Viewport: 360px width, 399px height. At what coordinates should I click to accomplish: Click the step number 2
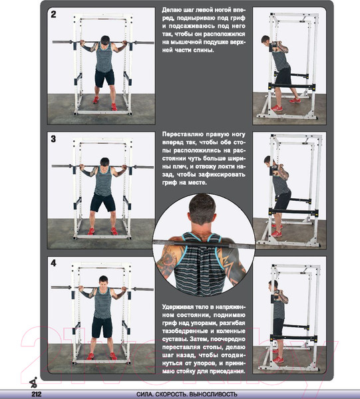[53, 14]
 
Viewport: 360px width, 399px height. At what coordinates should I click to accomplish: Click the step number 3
[53, 139]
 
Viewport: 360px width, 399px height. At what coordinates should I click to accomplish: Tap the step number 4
[53, 263]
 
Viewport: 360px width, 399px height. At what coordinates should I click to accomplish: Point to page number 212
[37, 394]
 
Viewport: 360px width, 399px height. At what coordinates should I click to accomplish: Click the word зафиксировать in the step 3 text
[222, 174]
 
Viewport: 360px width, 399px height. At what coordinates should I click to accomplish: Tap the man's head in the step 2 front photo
[105, 41]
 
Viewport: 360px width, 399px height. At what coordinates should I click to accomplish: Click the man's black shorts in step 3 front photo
[102, 203]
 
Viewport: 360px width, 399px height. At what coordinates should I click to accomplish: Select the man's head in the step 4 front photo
[103, 281]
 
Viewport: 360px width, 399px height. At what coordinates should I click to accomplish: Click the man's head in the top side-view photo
[266, 40]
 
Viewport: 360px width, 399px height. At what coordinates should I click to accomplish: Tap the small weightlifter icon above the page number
[34, 382]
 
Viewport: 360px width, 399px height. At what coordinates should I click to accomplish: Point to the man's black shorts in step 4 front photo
[102, 327]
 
